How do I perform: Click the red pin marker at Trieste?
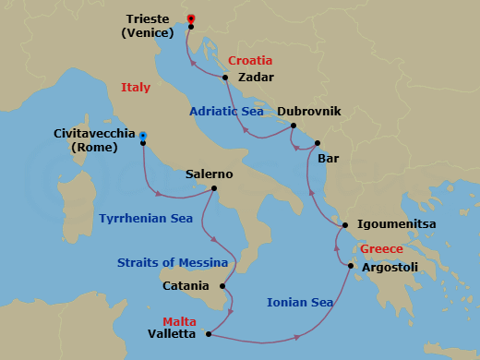pos(191,18)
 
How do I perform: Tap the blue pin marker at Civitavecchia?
pos(143,138)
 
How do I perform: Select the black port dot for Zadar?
pos(225,78)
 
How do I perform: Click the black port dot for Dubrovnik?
pos(293,126)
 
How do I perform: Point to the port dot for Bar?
pos(317,143)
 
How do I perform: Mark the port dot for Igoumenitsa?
pos(344,224)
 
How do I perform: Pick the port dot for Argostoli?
pos(351,268)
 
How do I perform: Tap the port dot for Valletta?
pos(210,334)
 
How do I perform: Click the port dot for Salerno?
pos(213,189)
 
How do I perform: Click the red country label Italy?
pos(135,88)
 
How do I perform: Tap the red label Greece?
pos(381,249)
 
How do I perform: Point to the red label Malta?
pos(179,321)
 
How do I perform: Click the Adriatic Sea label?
pos(226,111)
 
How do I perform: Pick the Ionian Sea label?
pos(299,302)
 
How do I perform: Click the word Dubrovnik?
pos(309,111)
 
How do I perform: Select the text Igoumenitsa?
pos(396,223)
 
